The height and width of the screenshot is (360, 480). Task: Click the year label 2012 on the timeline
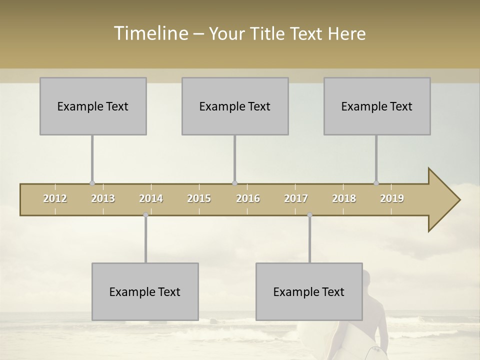[x=55, y=198]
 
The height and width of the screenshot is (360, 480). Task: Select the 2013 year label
[x=103, y=198]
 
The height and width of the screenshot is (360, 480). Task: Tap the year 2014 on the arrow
[x=151, y=198]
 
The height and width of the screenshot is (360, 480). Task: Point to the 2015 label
[x=199, y=198]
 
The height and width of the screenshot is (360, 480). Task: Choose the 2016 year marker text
[x=248, y=198]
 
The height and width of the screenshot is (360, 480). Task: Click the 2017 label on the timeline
[x=296, y=198]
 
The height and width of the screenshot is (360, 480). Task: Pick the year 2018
[x=344, y=198]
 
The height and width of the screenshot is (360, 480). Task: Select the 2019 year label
[x=392, y=198]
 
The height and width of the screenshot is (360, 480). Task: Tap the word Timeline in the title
[x=150, y=33]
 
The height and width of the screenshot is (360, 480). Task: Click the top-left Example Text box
[x=93, y=106]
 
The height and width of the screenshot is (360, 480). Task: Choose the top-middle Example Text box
[x=235, y=106]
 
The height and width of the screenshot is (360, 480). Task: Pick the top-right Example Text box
[x=377, y=106]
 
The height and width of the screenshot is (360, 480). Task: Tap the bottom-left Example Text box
[x=145, y=291]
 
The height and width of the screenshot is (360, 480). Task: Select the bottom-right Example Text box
[x=309, y=291]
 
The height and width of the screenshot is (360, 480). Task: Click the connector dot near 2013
[x=92, y=183]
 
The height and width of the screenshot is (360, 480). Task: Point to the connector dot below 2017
[x=309, y=215]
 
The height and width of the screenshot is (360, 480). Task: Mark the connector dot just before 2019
[x=376, y=183]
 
